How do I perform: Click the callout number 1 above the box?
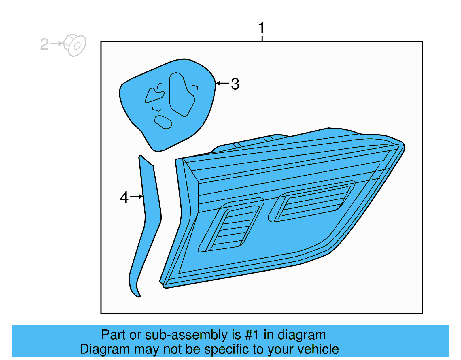261,28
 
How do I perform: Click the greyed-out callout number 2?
44,44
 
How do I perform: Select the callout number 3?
235,84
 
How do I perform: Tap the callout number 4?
124,197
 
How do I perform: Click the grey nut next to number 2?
75,45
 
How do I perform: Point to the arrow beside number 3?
222,83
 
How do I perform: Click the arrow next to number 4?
136,197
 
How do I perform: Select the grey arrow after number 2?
56,44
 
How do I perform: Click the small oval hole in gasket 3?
163,122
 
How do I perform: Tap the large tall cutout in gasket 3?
181,95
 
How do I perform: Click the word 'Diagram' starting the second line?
105,349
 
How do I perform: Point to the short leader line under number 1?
262,39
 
